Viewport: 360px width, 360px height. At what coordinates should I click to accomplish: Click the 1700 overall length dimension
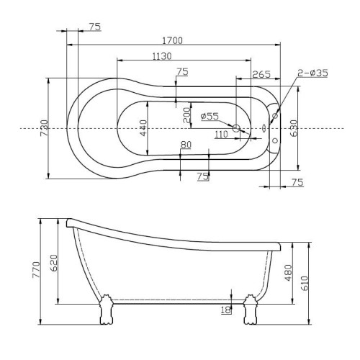click(x=173, y=40)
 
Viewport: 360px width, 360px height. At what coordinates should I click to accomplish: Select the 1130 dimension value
click(x=162, y=56)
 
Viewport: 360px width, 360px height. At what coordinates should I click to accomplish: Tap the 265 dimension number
click(x=261, y=74)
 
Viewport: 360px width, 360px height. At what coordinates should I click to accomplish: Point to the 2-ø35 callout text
click(x=312, y=73)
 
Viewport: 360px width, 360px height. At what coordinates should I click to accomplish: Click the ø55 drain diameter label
click(x=210, y=117)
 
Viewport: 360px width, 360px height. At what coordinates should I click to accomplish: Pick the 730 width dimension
click(x=45, y=128)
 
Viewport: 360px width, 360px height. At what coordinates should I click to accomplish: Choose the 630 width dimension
click(x=294, y=128)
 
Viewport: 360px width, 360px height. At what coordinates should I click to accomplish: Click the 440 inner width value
click(x=143, y=128)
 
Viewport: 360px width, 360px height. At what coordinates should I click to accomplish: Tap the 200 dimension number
click(x=186, y=115)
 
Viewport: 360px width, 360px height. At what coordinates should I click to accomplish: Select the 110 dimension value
click(x=221, y=134)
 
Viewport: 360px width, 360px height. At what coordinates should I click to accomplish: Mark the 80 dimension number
click(x=186, y=145)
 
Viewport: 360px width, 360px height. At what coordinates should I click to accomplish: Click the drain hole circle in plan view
click(x=236, y=128)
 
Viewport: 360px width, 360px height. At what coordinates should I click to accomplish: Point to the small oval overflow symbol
click(x=264, y=128)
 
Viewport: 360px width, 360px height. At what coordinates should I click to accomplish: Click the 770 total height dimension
click(x=36, y=270)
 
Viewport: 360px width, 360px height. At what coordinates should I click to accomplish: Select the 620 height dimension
click(x=54, y=263)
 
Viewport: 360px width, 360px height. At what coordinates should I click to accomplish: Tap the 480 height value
click(x=288, y=273)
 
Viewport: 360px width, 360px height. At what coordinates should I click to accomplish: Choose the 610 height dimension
click(x=304, y=283)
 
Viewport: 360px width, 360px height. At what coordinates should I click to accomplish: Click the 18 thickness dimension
click(x=226, y=310)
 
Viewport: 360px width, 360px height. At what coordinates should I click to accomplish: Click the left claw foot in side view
click(x=106, y=310)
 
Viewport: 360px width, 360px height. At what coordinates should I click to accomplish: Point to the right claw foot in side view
click(x=251, y=310)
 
